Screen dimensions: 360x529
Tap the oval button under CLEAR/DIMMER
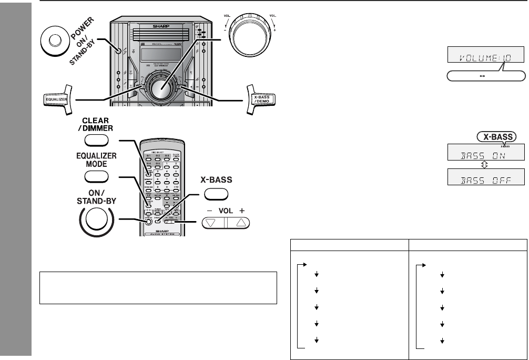click(x=96, y=140)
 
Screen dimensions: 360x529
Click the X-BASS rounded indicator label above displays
click(x=493, y=135)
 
